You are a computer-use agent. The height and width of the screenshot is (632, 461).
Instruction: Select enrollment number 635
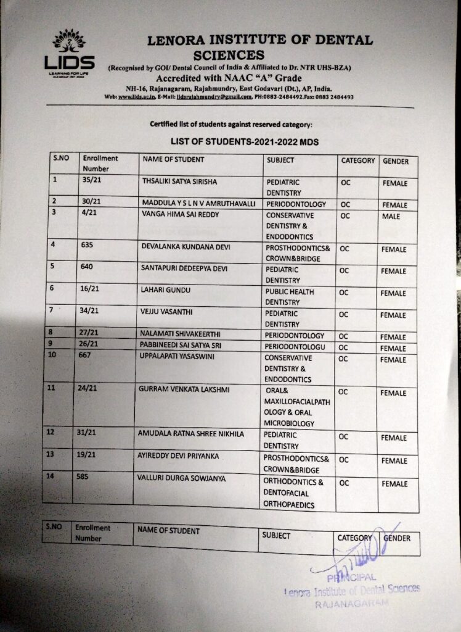88,244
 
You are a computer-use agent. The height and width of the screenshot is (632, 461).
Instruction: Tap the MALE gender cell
390,217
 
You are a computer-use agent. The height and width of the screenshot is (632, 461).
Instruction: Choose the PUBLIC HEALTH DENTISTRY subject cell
290,297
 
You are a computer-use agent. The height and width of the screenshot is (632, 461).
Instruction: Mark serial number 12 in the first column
51,433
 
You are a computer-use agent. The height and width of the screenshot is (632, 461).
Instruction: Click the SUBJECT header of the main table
280,160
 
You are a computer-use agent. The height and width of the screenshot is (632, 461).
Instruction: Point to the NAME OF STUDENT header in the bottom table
168,530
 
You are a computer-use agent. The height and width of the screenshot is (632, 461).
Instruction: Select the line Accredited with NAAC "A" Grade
229,78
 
